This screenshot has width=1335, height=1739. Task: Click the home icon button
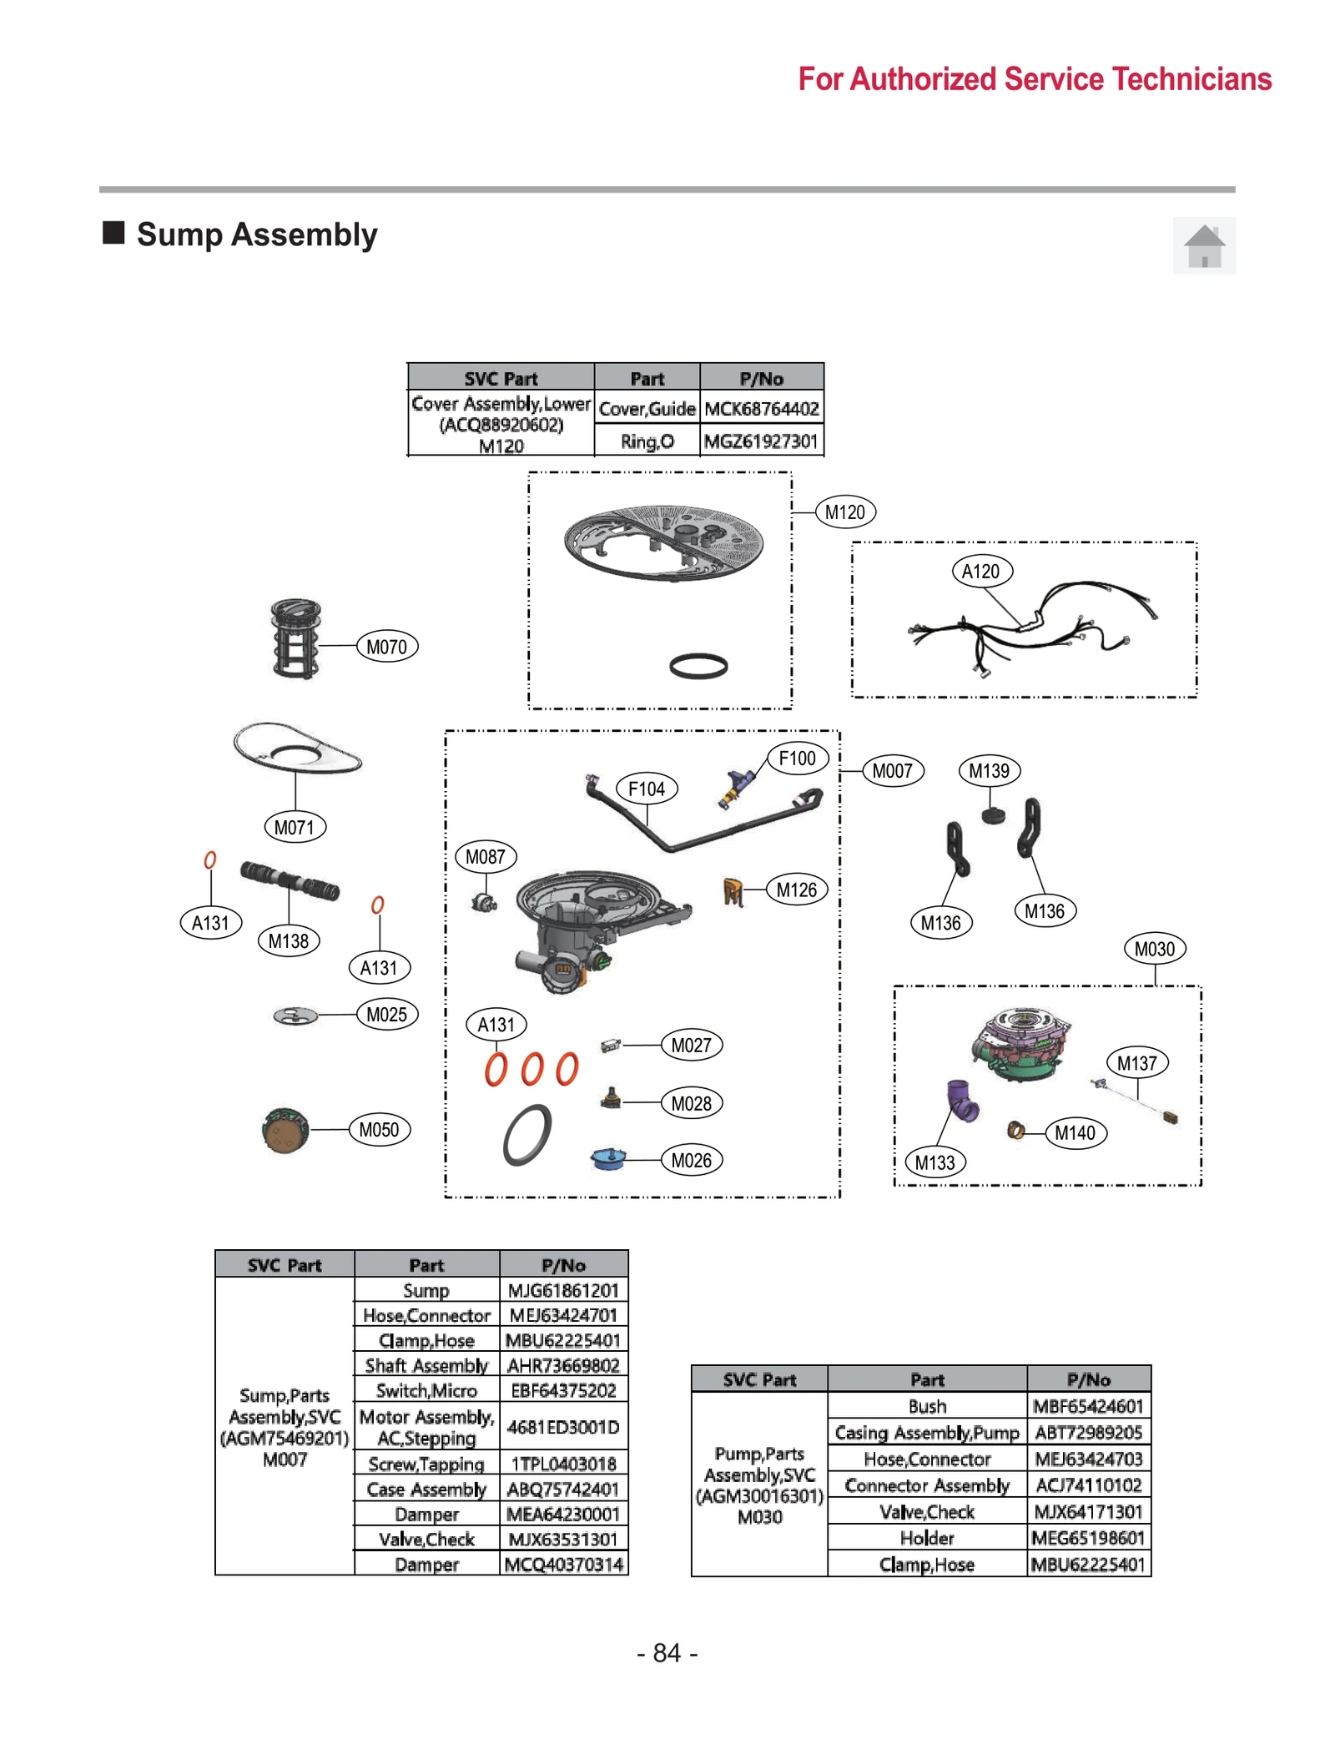(x=1204, y=246)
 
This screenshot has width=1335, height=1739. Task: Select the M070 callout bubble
(x=386, y=647)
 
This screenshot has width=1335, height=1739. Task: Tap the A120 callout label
(x=981, y=572)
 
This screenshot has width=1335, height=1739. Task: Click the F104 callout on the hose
(x=646, y=789)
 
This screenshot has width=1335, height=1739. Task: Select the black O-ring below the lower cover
(x=698, y=666)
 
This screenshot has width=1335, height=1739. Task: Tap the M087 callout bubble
(x=486, y=857)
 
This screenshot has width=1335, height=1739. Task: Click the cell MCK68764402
(x=761, y=409)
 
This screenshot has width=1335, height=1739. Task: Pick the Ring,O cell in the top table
(x=647, y=441)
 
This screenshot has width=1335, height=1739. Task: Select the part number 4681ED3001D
(x=563, y=1427)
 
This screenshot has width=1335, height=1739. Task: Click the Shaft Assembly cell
(x=426, y=1365)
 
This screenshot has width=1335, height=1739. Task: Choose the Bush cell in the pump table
(x=927, y=1406)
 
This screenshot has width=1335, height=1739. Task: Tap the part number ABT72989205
(x=1088, y=1433)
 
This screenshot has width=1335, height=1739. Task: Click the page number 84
(x=667, y=1653)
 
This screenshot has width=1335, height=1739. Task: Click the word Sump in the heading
(x=179, y=234)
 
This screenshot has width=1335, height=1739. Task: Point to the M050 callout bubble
(x=379, y=1130)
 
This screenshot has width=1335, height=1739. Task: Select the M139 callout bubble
(x=989, y=771)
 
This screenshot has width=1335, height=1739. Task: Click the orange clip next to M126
(x=733, y=892)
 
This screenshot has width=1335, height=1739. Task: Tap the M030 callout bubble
(x=1154, y=949)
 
